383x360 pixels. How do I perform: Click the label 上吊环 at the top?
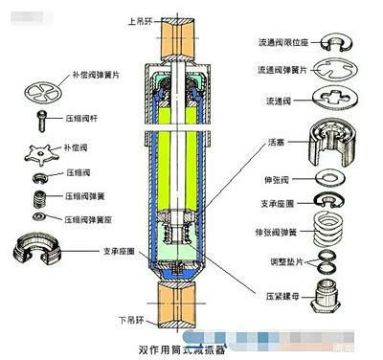(140, 20)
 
